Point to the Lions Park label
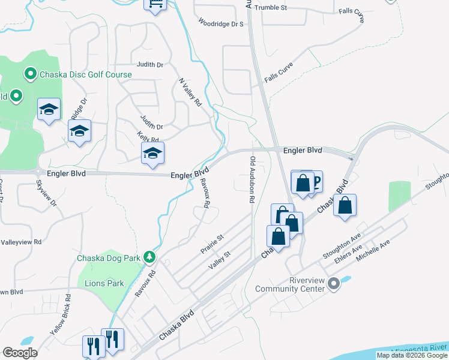pos(104,283)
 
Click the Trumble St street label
pos(271,8)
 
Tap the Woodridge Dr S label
pos(221,24)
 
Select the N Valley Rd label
pos(190,92)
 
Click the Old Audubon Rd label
pos(253,179)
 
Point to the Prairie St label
pos(212,242)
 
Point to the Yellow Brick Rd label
pos(62,314)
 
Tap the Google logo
pos(20,353)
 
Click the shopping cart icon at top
pos(155,4)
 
